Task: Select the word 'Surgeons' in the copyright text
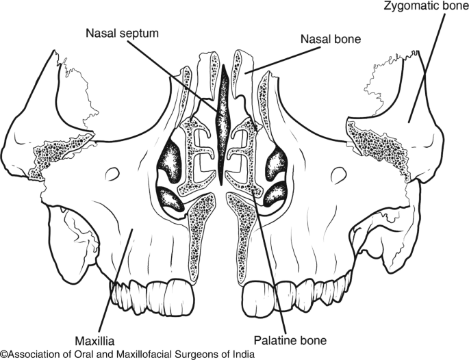(x=191, y=354)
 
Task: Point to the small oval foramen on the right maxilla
(x=338, y=177)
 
